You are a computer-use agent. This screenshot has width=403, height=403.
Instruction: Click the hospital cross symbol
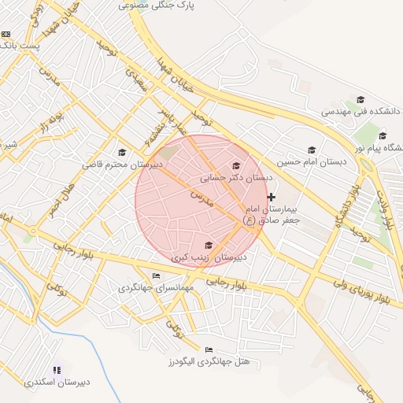(x=272, y=197)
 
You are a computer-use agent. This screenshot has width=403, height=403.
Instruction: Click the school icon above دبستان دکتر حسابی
(x=236, y=165)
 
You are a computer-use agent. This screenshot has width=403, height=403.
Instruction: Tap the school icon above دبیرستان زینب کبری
(x=209, y=245)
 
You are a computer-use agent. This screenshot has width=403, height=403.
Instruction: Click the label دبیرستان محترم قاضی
(x=123, y=165)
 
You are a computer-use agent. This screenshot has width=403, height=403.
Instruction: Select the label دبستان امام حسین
(x=311, y=161)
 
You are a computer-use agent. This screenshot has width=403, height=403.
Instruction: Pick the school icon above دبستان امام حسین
(x=312, y=150)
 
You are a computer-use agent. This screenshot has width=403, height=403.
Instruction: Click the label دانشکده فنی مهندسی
(x=360, y=112)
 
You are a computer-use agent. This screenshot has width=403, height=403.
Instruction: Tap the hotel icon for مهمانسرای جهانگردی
(x=156, y=275)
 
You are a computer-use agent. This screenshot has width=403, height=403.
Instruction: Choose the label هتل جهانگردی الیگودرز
(x=208, y=361)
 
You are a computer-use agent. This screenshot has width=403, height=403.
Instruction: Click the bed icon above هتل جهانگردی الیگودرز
(x=209, y=349)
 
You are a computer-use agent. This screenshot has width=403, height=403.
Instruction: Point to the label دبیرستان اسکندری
(x=57, y=382)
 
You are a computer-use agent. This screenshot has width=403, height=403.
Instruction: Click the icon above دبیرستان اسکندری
(x=57, y=369)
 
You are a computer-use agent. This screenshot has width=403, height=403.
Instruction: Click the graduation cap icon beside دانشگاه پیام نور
(x=383, y=135)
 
